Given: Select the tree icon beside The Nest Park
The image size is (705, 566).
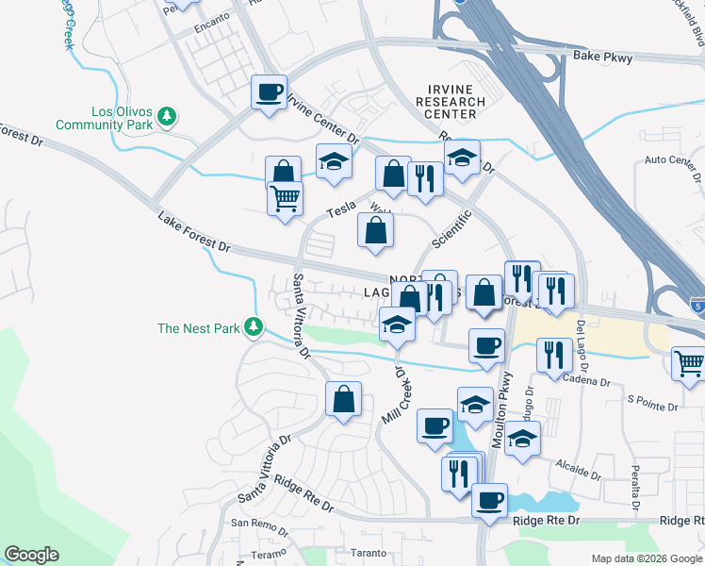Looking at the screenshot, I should point(253,327).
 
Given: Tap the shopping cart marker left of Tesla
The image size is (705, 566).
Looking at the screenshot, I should point(285,198).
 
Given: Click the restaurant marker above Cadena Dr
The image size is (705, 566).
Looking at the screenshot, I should point(553,354).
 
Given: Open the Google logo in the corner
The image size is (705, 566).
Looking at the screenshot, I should point(31,555).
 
